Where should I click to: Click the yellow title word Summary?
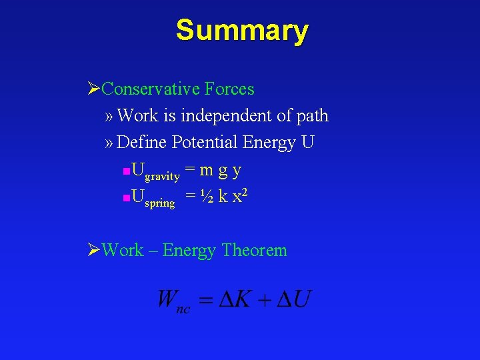click(x=242, y=31)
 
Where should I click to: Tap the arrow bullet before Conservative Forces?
click(x=94, y=89)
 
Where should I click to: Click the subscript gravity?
click(x=163, y=177)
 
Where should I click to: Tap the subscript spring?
click(x=160, y=203)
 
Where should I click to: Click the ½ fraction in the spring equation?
click(x=207, y=197)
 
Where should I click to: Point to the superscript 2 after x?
click(x=247, y=193)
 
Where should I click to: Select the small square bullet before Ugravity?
click(x=126, y=172)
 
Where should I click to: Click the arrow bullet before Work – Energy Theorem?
click(x=94, y=251)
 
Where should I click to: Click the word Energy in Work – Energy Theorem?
click(x=189, y=251)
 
